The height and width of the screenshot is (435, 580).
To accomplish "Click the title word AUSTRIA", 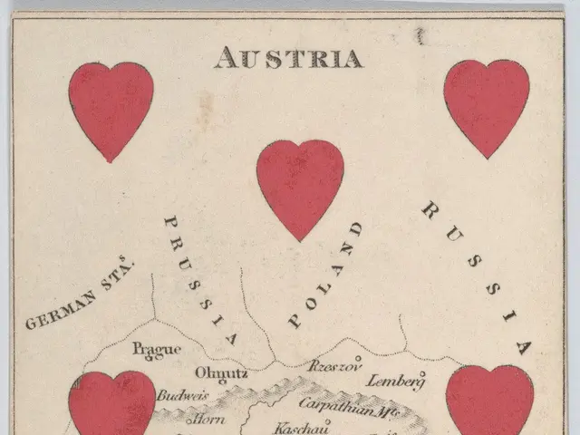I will click(x=288, y=59).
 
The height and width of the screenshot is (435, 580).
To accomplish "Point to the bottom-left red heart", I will click(x=111, y=404).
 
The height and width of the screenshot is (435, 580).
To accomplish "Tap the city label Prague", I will click(x=150, y=349).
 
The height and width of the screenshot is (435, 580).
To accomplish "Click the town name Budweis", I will click(x=183, y=396).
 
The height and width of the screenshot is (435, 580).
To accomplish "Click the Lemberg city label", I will click(x=396, y=380).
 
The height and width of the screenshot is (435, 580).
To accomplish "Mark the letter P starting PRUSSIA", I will click(x=169, y=221).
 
